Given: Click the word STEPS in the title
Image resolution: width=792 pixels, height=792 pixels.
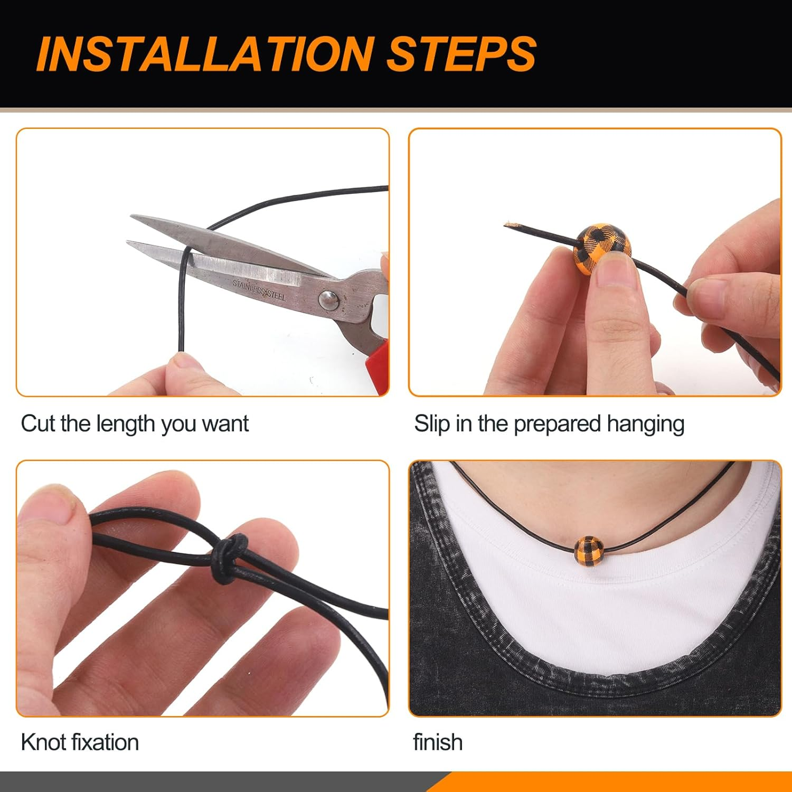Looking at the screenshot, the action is point(462,54).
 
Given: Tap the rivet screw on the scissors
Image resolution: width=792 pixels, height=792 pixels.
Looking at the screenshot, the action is point(328,300).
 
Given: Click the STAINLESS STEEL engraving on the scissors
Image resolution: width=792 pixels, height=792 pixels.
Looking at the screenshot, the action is point(259,290).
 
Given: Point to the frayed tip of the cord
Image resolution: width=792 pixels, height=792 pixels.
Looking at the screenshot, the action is point(508,225).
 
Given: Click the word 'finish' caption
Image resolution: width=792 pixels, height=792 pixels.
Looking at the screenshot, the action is point(438,742).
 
